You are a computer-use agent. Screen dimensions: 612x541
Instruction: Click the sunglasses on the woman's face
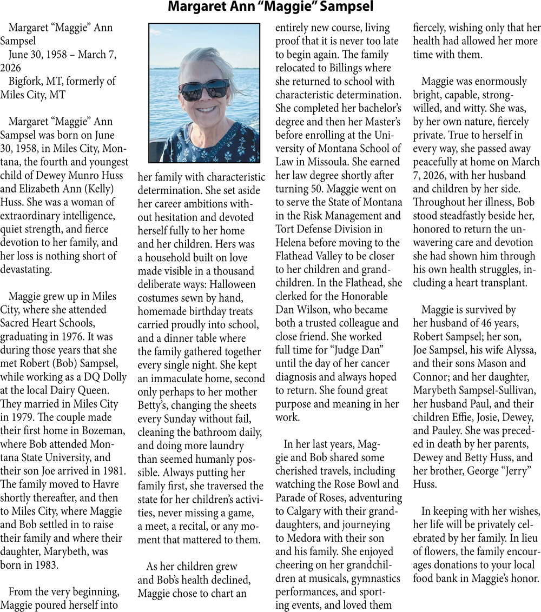point(204,89)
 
